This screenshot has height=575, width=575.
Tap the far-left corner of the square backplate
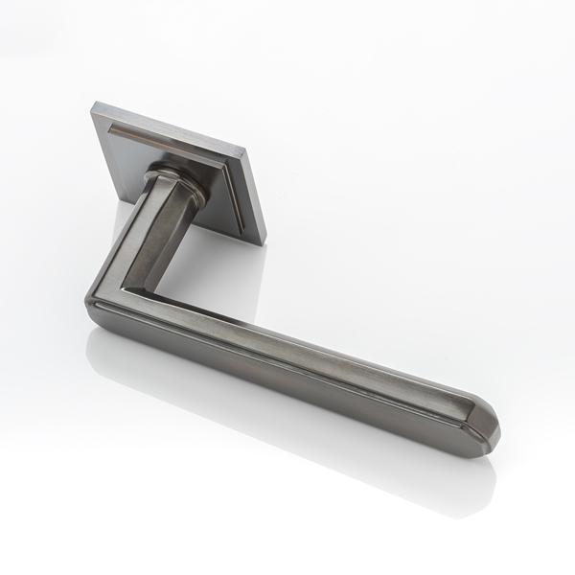tap(94, 108)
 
